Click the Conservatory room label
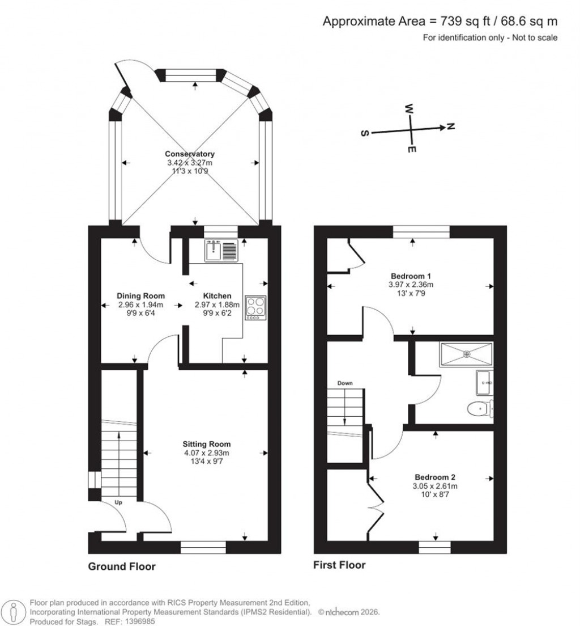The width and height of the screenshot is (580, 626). pos(189,154)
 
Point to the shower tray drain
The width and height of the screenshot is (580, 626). pos(467,354)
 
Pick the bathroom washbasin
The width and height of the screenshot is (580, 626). pos(484,383)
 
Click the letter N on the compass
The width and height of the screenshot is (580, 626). pos(451,126)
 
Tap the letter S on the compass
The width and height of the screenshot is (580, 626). pos(365,133)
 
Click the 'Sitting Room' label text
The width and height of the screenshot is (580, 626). pos(206,444)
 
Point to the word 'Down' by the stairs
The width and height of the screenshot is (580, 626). pos(345,383)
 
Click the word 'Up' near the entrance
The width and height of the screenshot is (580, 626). pos(119,502)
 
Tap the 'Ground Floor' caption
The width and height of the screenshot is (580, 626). pos(121,566)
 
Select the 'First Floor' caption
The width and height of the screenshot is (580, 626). pos(339,565)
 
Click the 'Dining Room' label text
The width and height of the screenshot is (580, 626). pos(140,295)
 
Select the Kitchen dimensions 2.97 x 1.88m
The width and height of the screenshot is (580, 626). pos(217,304)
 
